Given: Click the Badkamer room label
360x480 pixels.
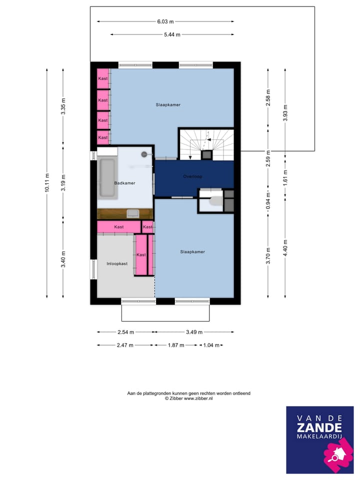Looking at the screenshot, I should coord(124,183).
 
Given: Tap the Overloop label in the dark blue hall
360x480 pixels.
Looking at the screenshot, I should coord(192,176).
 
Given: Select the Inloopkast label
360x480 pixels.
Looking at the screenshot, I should coord(117,263).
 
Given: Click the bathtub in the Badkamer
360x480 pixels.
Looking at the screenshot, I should coord(107,177).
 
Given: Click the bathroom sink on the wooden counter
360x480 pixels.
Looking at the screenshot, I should coord(133,213).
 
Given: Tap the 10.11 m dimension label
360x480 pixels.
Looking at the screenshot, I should coord(47,182).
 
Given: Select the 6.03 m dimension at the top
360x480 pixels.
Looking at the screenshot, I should coord(165,21).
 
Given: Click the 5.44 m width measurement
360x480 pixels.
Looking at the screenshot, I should coord(172,34).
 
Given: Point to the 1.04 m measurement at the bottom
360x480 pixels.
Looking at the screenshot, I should coord(211,345).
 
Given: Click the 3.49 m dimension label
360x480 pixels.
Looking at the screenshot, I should coord(193,331).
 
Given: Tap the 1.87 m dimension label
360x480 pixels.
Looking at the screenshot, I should coord(176,345).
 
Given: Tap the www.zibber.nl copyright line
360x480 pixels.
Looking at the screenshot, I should coord(188,398).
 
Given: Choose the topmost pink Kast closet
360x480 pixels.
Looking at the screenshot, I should coord(103,78).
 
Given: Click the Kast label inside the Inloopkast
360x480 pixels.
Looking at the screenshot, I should coord(141,254).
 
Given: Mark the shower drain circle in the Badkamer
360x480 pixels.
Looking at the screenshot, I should coord(145,154).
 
